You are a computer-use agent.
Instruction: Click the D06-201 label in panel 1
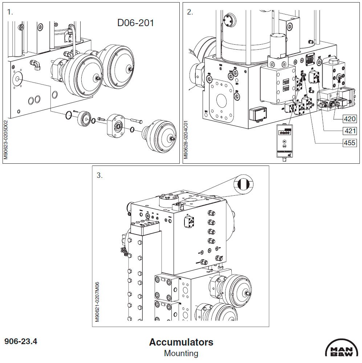(135, 23)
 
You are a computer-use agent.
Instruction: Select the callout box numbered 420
(350, 119)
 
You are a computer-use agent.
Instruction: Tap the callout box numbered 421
(350, 131)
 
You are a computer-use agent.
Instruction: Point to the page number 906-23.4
(21, 341)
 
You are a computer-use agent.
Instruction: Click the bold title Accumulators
(181, 342)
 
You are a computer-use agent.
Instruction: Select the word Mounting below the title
(181, 353)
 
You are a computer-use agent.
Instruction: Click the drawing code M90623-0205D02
(6, 140)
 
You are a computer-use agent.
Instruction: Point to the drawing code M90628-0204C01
(186, 140)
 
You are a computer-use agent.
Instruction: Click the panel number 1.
(10, 12)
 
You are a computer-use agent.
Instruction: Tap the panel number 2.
(190, 12)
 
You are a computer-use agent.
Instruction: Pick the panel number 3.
(99, 175)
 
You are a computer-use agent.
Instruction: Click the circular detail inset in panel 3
(243, 184)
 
